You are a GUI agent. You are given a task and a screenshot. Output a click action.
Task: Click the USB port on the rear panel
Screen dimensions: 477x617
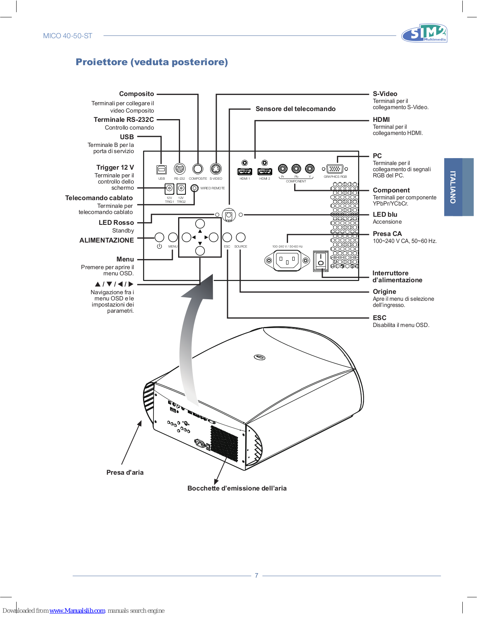[x=162, y=170]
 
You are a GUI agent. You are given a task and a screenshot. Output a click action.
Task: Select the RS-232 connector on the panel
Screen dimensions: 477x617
[x=179, y=169]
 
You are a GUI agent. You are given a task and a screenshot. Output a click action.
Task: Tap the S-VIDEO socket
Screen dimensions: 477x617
[x=216, y=169]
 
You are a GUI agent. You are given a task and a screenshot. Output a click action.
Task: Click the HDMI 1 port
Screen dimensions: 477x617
[x=244, y=172]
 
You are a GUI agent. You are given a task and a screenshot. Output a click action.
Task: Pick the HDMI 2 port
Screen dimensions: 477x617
[x=265, y=172]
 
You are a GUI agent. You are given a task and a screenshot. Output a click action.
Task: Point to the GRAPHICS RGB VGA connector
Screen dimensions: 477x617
[x=335, y=169]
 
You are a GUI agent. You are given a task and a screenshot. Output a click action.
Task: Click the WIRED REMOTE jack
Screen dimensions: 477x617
[x=194, y=188]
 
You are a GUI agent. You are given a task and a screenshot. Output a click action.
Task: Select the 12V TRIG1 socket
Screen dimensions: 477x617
[x=170, y=188]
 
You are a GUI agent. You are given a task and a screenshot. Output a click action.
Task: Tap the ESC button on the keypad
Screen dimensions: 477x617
[x=227, y=237]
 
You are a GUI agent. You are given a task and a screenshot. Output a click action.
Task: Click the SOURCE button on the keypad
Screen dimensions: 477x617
[x=241, y=237]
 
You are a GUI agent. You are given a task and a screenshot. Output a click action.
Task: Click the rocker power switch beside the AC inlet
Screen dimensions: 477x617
[x=321, y=261]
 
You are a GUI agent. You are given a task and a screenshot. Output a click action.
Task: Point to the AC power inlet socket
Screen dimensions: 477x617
[x=287, y=261]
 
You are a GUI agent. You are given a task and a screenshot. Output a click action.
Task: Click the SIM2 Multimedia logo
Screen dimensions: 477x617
[x=424, y=33]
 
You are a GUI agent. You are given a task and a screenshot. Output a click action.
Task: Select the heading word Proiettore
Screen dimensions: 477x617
[x=102, y=62]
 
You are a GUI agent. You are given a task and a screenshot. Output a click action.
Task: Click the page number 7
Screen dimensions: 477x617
[x=257, y=575]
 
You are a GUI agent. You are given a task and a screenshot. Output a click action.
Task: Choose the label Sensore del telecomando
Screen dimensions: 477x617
[x=295, y=109]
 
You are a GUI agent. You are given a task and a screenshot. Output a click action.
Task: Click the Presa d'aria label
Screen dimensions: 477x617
[x=125, y=472]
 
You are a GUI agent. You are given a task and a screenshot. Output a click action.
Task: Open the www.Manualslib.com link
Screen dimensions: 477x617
[x=78, y=610]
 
